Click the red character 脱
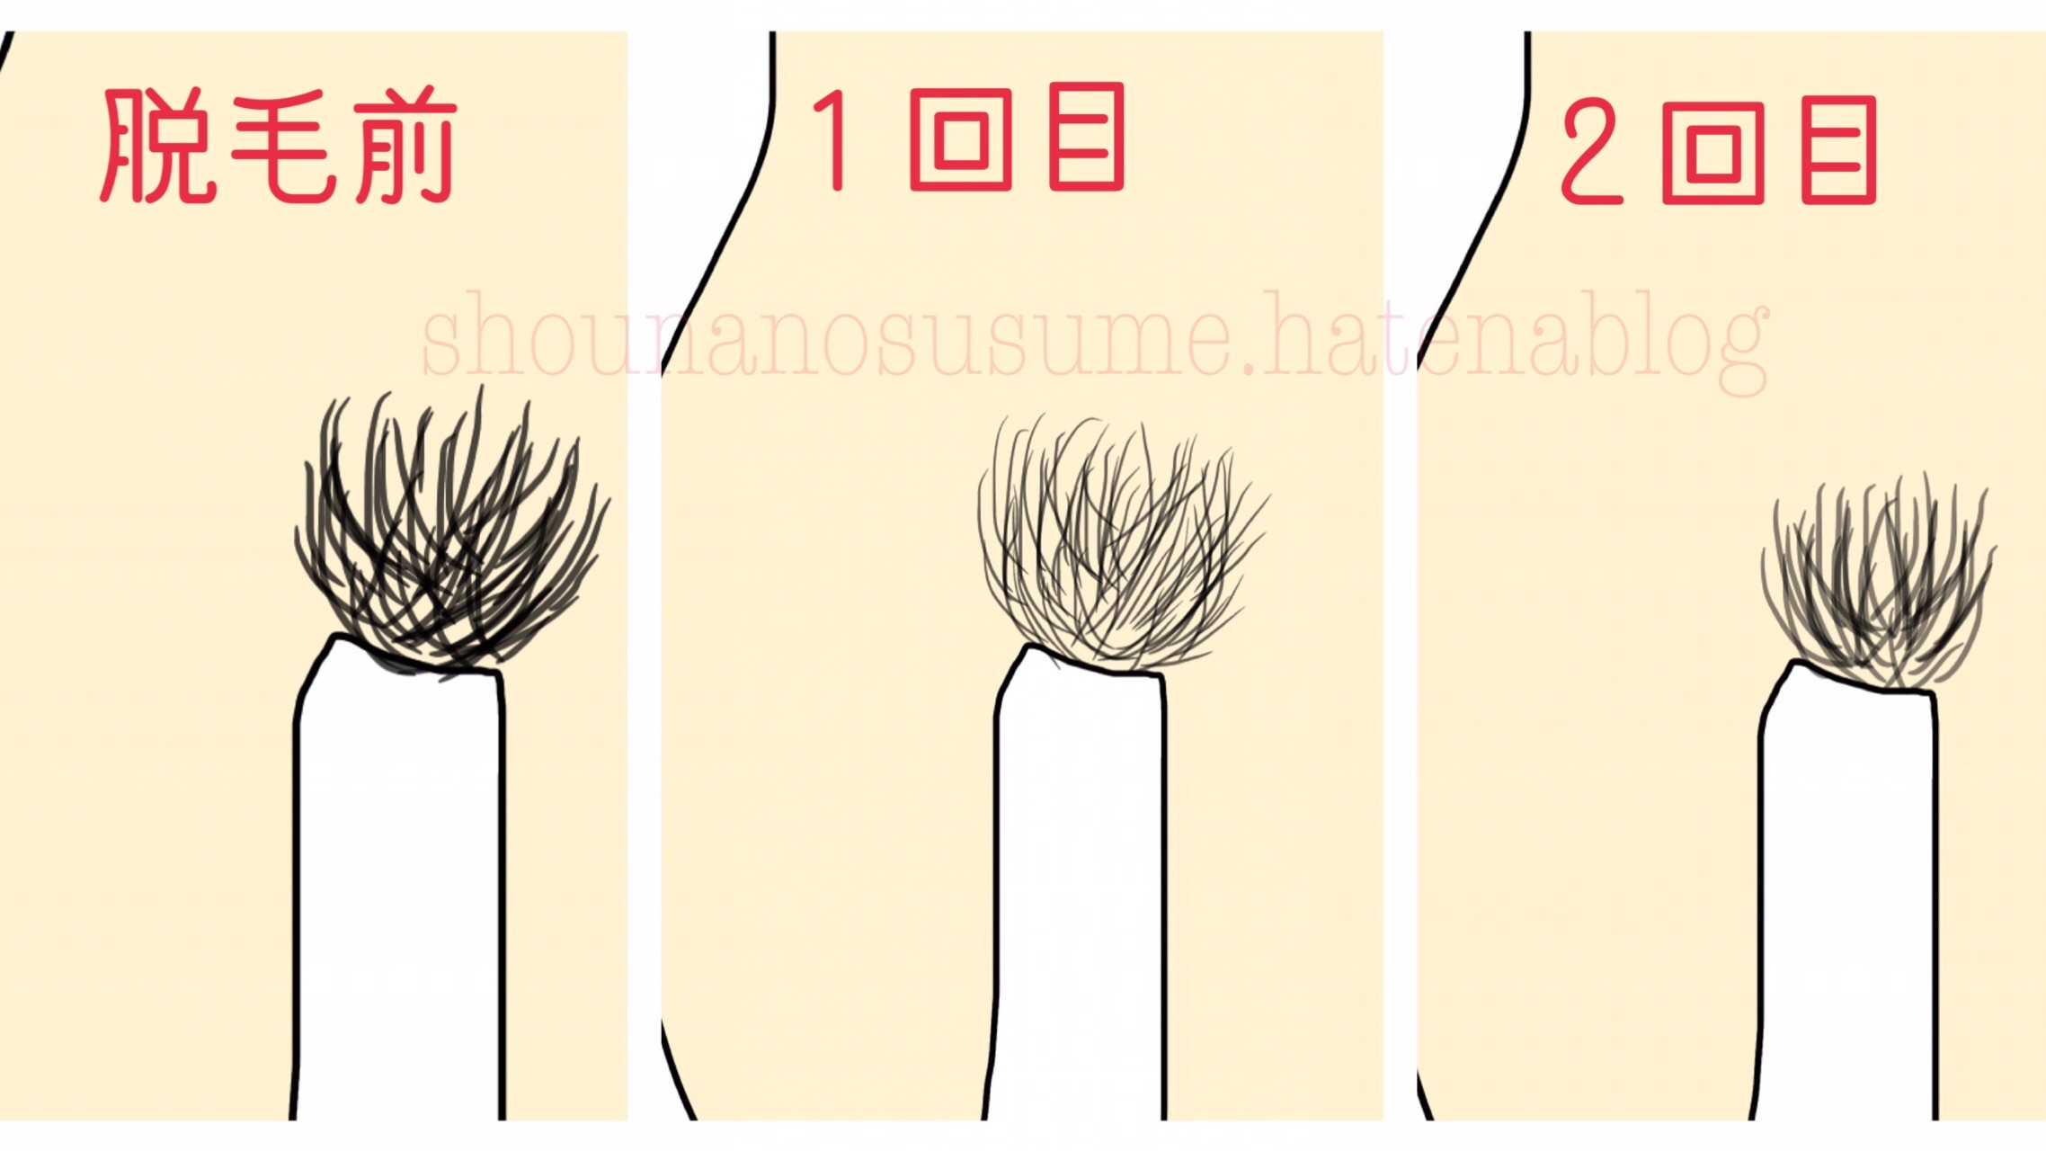pos(158,145)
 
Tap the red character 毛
pos(284,145)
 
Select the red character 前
pos(405,145)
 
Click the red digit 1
pos(832,139)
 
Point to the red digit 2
pos(1591,151)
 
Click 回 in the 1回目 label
pos(961,139)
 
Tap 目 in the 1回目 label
pos(1086,137)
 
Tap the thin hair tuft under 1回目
pos(1119,544)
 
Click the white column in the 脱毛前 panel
pos(399,890)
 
